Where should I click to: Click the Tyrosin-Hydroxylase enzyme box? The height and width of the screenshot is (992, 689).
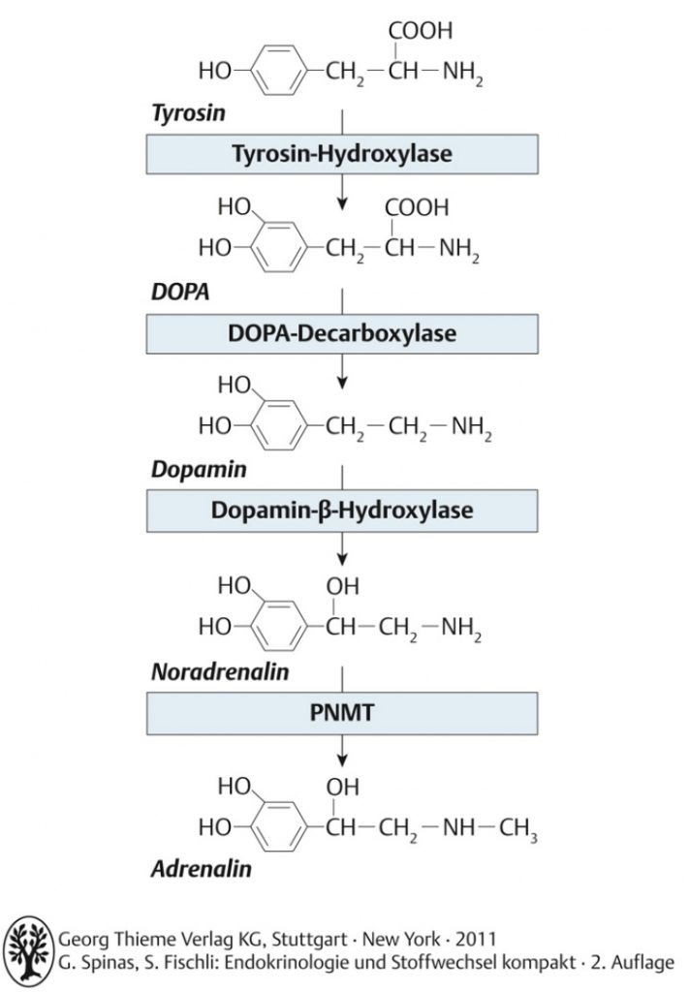[x=342, y=154]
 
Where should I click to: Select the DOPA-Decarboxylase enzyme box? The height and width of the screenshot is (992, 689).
[x=342, y=333]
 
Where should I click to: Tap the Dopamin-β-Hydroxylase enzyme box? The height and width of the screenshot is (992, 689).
[x=342, y=511]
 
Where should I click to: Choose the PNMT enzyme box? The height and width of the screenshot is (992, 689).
[x=342, y=713]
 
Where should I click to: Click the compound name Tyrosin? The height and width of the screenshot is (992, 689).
[x=189, y=113]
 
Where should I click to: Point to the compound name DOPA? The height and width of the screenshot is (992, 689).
[x=180, y=292]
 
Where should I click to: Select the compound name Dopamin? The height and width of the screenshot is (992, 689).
[x=199, y=470]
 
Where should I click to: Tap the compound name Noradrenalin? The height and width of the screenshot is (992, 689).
[x=220, y=672]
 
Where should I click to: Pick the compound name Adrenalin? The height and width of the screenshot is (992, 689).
[x=202, y=869]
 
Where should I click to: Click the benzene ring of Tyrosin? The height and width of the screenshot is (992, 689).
[x=278, y=70]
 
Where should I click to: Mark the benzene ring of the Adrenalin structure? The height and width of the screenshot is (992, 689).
[x=278, y=827]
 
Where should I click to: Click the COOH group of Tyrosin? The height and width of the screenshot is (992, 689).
[x=421, y=30]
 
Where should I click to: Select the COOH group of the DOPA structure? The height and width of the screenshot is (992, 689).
[x=417, y=207]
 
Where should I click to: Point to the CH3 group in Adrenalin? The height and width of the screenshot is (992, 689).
[x=518, y=829]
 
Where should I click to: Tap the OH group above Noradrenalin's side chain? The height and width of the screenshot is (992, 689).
[x=342, y=586]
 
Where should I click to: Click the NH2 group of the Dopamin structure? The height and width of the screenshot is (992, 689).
[x=471, y=428]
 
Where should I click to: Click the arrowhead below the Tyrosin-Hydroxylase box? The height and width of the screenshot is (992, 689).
[x=342, y=203]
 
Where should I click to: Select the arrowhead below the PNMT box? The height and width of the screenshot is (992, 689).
[x=342, y=760]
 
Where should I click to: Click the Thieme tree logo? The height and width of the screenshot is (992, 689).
[x=28, y=951]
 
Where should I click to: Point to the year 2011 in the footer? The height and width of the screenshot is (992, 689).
[x=476, y=939]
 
